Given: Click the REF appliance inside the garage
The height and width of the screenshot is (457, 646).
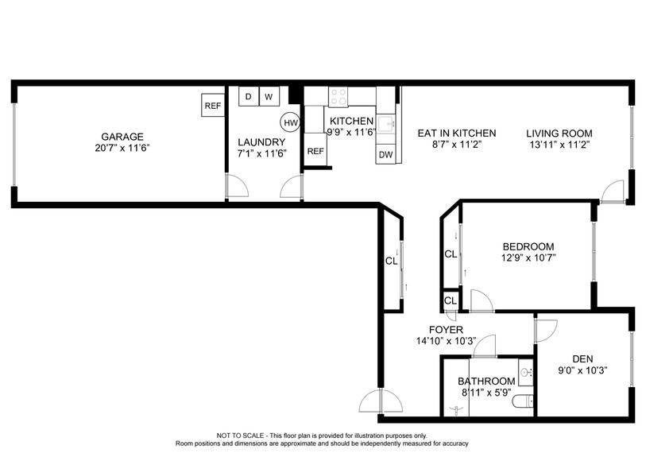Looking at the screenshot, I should pos(212,106).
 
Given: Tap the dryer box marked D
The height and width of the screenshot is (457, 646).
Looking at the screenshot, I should pos(248,96).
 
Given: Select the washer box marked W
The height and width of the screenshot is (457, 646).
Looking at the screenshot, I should pos(269,96).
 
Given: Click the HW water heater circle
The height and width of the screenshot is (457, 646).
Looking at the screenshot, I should pos(290,122).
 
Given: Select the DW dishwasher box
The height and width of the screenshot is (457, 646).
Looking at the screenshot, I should pos(385,154).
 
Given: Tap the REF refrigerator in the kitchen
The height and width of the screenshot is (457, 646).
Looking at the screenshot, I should pos(315,151).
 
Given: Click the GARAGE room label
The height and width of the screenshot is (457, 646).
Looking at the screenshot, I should pos(122,137).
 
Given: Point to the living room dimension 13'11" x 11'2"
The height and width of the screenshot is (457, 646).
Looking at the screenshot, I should pos(560,145).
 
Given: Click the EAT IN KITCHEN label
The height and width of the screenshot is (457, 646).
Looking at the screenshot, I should pos(457,133).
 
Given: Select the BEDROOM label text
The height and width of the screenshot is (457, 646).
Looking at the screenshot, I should pos(528,246).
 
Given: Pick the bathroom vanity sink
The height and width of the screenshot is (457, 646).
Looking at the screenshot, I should pos(525,371).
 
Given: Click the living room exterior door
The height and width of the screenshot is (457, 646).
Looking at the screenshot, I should pos(613,192).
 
